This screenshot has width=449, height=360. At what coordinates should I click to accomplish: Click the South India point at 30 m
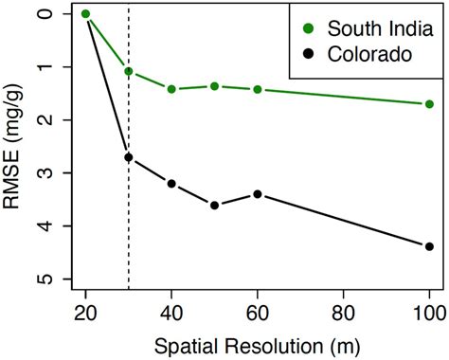[x=129, y=71]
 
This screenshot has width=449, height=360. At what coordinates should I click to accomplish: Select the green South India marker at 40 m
[x=171, y=89]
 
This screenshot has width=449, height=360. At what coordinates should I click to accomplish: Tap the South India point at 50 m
[x=215, y=86]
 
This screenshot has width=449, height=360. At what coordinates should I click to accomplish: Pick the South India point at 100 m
[x=429, y=104]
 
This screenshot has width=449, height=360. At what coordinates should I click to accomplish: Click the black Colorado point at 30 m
[x=129, y=157]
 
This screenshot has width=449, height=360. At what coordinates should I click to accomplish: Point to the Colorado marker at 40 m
[x=171, y=184]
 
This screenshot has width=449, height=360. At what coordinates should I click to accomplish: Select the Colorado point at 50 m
[x=215, y=206]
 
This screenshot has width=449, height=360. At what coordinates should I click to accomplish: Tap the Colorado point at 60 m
[x=258, y=194]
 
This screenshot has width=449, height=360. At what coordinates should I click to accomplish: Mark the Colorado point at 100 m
[x=429, y=246]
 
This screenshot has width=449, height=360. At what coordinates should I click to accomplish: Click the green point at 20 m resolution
[x=86, y=14]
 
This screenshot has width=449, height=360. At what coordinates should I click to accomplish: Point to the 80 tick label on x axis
[x=344, y=311]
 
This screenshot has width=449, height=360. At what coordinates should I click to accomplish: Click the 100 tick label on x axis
[x=429, y=311]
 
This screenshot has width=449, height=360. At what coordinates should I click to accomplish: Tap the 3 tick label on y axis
[x=42, y=173]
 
